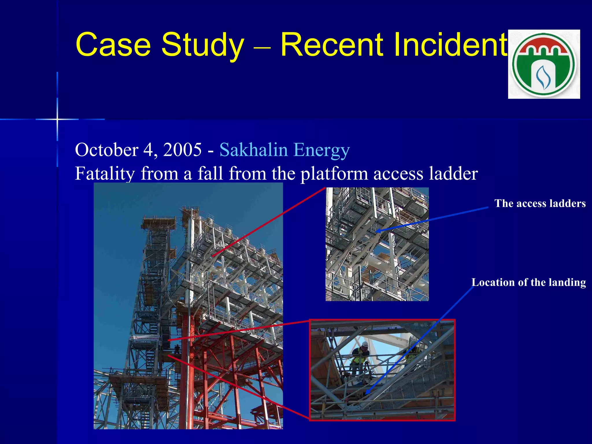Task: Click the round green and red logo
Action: click(x=544, y=64)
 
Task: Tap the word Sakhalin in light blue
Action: click(x=254, y=150)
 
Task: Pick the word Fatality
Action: click(x=105, y=173)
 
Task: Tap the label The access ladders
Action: click(x=540, y=203)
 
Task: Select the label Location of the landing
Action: click(x=528, y=282)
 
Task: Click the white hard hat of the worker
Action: click(x=365, y=344)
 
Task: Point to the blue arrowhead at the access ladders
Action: click(x=378, y=231)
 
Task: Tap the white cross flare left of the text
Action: click(x=57, y=119)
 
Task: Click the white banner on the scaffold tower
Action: click(x=144, y=338)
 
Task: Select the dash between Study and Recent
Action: click(x=262, y=46)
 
